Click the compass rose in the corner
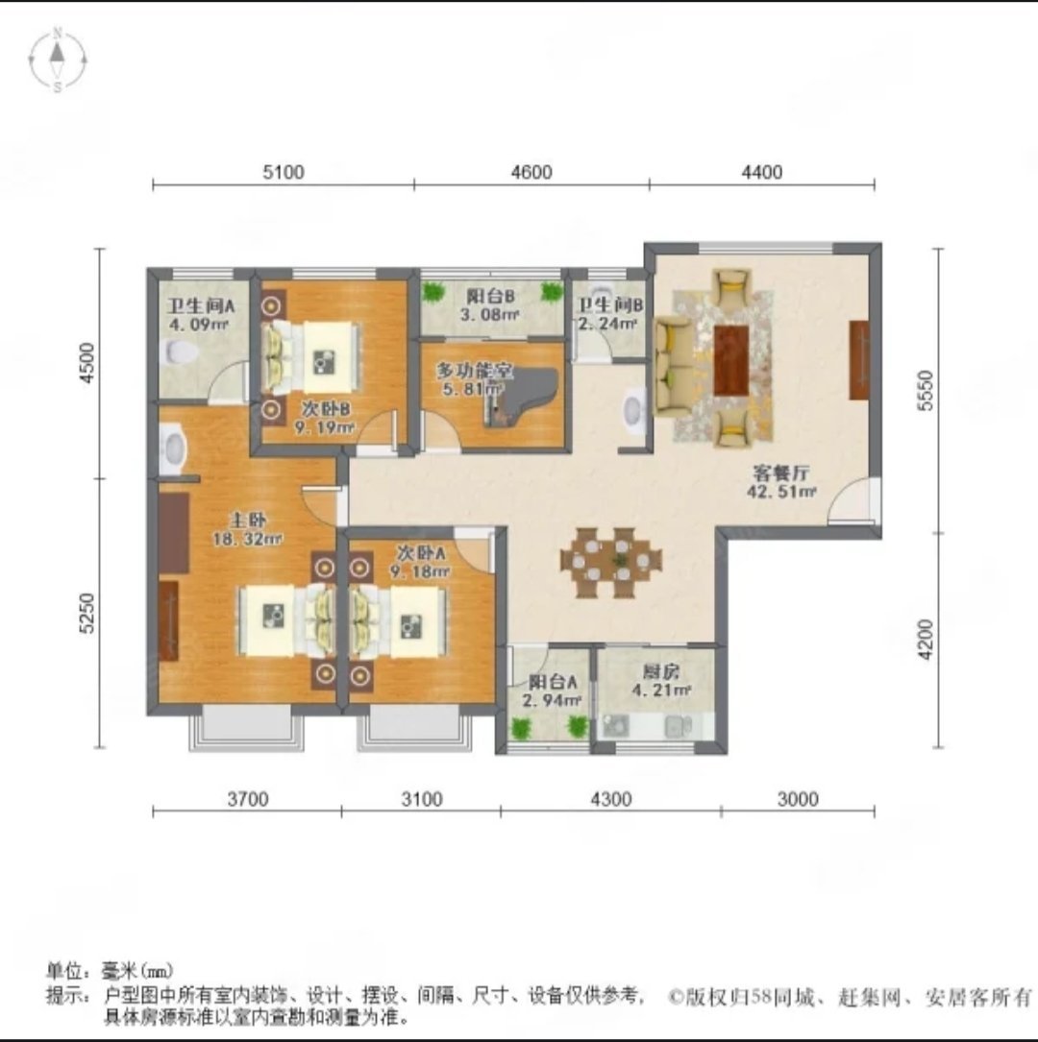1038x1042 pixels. (x=58, y=60)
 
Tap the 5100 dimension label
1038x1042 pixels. (x=284, y=172)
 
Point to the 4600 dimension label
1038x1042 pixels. (x=531, y=172)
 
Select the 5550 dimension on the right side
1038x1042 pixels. (x=925, y=390)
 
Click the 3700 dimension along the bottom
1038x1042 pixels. (x=247, y=798)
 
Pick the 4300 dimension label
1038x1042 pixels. (x=610, y=798)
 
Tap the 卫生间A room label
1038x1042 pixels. (x=201, y=305)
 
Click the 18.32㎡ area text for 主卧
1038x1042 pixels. (x=247, y=539)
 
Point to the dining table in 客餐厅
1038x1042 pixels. (x=611, y=561)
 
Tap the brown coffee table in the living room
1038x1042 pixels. (x=730, y=360)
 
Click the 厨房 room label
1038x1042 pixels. (x=661, y=671)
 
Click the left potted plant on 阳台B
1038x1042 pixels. (x=432, y=291)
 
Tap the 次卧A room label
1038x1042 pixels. (x=421, y=553)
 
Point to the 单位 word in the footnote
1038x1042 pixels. (x=63, y=971)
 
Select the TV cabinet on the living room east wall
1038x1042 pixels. (x=859, y=360)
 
